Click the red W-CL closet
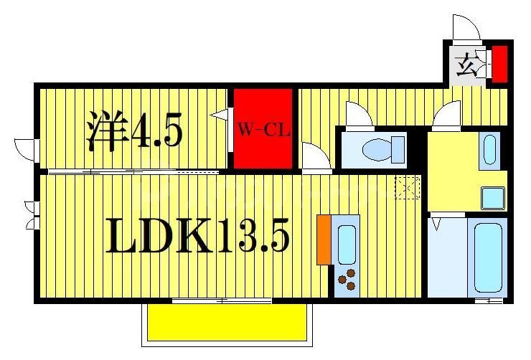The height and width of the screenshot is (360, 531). [x=263, y=129]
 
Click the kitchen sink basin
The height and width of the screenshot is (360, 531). [x=347, y=244]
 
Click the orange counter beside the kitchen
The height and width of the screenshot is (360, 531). [x=324, y=239]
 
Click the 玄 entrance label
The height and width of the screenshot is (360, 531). [x=467, y=67]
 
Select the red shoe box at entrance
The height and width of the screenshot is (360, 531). [x=499, y=63]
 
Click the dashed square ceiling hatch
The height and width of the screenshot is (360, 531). [x=407, y=188]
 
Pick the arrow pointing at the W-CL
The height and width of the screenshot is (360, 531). [x=219, y=114]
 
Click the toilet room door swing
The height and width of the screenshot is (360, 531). [x=356, y=115]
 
